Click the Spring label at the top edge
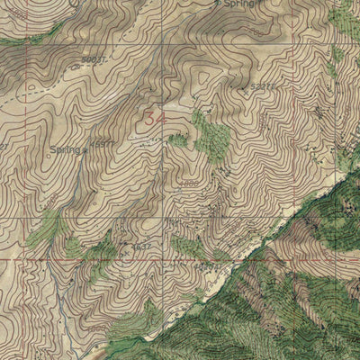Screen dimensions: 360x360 pos(238,4)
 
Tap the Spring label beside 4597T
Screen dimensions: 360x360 pos(65,148)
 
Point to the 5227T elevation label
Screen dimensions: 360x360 pos(262,87)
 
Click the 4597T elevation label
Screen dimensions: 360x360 pos(103,143)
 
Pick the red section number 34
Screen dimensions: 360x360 pos(155,115)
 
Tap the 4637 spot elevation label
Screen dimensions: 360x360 pos(141,246)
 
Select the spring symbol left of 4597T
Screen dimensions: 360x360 pos(85,151)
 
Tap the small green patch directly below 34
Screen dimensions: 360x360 pos(178,140)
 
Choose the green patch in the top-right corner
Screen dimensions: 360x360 pos(346,13)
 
